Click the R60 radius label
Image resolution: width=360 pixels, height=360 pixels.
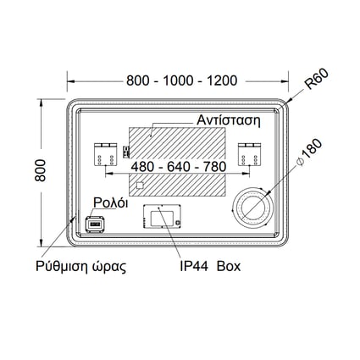tap(317, 79)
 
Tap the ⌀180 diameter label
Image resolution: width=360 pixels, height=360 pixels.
tap(309, 152)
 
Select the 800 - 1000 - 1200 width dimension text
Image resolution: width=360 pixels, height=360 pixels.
tap(182, 80)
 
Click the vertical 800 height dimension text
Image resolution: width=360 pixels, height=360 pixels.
tap(41, 170)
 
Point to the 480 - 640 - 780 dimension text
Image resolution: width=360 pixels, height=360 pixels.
tap(179, 167)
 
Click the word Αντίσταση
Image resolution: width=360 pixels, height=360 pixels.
tap(229, 120)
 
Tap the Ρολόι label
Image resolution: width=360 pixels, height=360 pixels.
tap(111, 202)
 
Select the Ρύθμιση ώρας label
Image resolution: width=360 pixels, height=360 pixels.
tap(80, 266)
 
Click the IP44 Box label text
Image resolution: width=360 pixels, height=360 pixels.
tap(210, 266)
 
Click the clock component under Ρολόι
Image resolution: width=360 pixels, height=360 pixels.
tap(96, 224)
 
